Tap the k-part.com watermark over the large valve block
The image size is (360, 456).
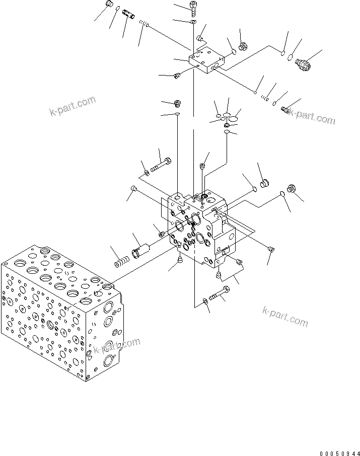pyautogui.click(x=116, y=345)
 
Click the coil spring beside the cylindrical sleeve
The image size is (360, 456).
pyautogui.click(x=121, y=262)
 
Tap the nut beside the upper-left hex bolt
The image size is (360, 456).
pyautogui.click(x=147, y=173)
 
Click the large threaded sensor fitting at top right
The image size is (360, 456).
pyautogui.click(x=303, y=64)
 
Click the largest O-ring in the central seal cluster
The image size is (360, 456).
pyautogui.click(x=233, y=118)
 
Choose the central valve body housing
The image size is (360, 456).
pyautogui.click(x=201, y=226)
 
